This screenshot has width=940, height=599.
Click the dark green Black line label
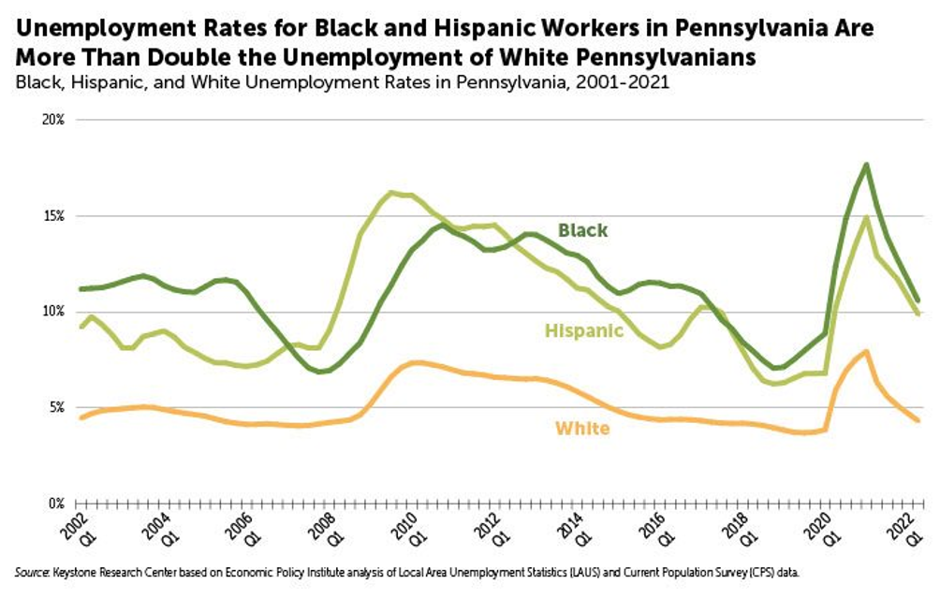tap(582, 230)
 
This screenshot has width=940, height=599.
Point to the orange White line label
tap(582, 429)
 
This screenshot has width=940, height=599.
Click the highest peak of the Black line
tap(866, 165)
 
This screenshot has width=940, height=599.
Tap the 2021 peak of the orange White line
tap(866, 352)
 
